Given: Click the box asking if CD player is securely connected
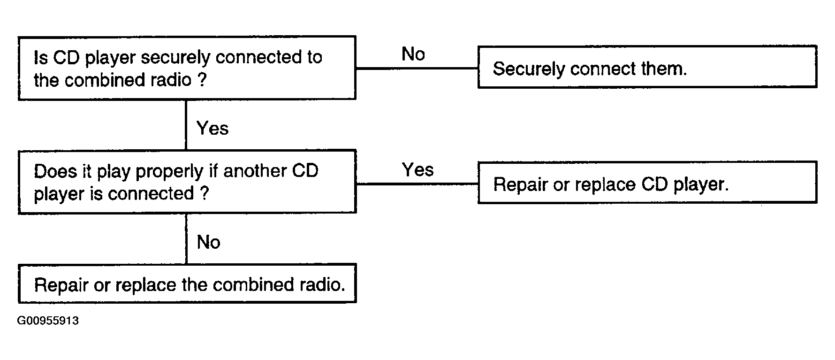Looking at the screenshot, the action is pos(187,68).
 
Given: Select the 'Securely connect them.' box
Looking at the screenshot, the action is pos(647,67).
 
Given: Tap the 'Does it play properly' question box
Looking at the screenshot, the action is pos(187,182).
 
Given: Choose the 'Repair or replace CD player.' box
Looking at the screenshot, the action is pos(647,182).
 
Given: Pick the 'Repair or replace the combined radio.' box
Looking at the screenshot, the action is pos(187,283).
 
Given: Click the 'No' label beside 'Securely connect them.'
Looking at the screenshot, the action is pos(413,54).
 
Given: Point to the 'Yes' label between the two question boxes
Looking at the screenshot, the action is pos(213,128).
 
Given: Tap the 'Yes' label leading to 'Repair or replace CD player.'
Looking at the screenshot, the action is pos(418,169).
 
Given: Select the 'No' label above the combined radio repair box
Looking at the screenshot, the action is pos(209,242).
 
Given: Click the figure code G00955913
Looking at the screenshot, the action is pos(48,321).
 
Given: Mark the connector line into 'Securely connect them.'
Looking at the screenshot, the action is pos(417,69).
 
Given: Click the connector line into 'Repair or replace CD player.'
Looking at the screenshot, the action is pos(417,184).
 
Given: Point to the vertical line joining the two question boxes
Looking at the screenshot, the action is pos(186,125).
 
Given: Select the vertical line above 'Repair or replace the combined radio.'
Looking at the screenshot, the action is pos(186,239).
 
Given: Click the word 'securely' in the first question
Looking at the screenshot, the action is pos(176,58).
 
